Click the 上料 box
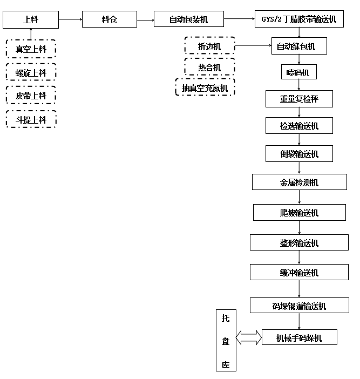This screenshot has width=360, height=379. coord(31,20)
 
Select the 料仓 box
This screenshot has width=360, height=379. coord(109,20)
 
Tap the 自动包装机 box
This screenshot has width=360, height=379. coord(188,20)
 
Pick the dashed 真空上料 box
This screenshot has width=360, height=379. coord(31,49)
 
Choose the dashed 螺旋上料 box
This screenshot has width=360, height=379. coord(31,73)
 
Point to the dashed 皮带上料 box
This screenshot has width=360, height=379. coord(31,96)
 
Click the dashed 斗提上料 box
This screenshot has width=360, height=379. coord(31,119)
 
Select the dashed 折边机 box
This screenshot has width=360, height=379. coord(209,46)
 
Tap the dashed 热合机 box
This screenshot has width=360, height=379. coord(209,67)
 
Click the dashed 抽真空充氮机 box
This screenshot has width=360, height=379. coord(205,87)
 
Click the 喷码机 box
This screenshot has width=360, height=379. coord(299,72)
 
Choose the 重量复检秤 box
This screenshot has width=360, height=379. coord(299,99)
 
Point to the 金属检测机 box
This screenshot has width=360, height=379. coord(299,182)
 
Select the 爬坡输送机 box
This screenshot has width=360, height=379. coord(299,212)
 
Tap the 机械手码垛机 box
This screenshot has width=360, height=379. coord(299,338)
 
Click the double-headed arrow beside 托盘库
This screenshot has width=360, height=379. coord(248,338)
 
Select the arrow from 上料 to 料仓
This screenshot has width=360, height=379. coord(70,19)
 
